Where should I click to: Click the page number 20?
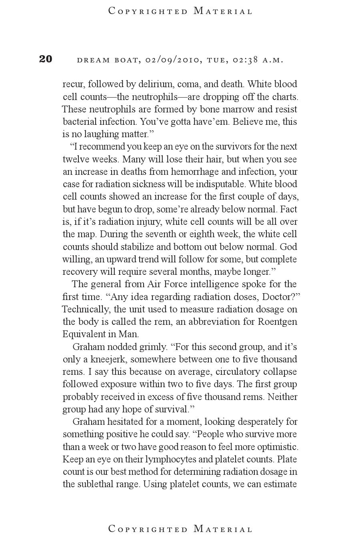[46, 59]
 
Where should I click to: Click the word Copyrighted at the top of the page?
[148, 11]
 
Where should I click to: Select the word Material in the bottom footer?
[223, 529]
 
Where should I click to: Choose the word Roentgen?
[278, 322]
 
